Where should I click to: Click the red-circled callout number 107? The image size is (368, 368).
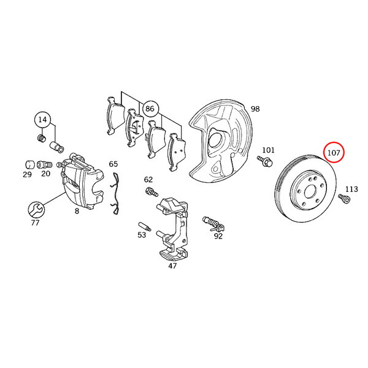click(334, 153)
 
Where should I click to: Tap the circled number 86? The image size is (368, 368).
click(150, 109)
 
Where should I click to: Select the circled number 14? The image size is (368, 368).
click(42, 120)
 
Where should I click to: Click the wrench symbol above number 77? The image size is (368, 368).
click(36, 210)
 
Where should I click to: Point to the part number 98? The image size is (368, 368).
click(255, 109)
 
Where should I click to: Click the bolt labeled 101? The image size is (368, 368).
click(265, 161)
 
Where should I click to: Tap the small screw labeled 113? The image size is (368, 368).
click(344, 199)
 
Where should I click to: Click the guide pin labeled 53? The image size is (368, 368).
click(145, 226)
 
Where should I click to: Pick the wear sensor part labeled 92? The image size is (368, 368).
click(213, 224)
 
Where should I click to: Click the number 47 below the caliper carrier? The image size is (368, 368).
click(172, 266)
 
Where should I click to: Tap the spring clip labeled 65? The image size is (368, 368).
click(115, 193)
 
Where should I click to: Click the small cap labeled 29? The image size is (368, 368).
click(30, 164)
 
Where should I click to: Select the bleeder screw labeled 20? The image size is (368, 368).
click(44, 164)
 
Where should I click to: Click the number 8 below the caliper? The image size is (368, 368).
click(77, 211)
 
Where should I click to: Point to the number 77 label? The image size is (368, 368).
click(35, 223)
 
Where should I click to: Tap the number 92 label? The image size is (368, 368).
click(218, 236)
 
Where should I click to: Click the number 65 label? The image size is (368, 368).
click(113, 164)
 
